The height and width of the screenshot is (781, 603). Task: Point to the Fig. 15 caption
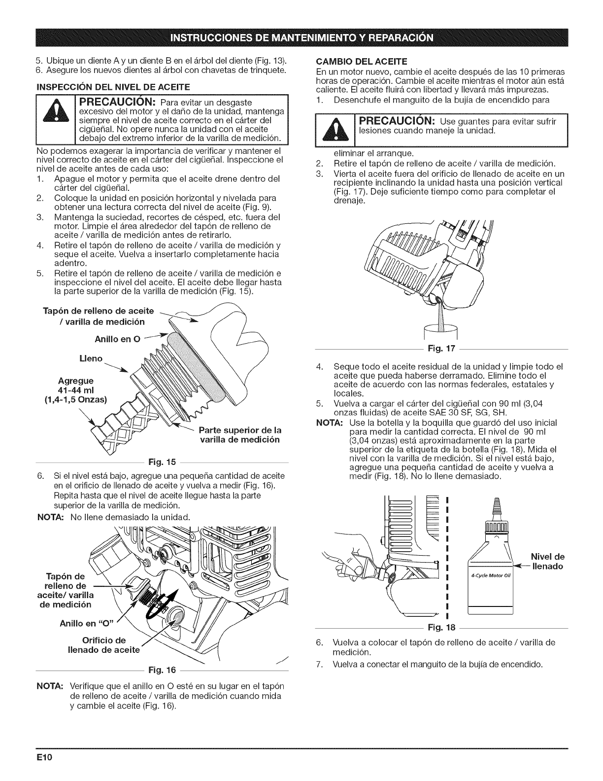coord(163,462)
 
